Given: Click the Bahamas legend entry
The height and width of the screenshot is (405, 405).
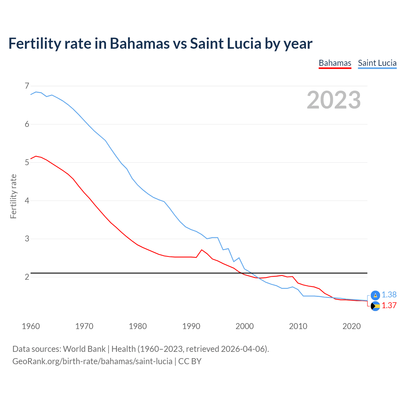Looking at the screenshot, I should click(335, 63).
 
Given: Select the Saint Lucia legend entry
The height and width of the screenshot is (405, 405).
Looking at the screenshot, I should click(377, 63).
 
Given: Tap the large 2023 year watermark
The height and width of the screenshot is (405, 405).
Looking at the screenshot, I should click(333, 100).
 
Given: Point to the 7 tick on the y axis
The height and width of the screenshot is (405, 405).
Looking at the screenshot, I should click(27, 86).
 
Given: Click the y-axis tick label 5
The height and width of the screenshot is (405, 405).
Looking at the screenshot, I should click(27, 162).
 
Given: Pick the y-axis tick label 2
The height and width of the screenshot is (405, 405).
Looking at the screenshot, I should click(27, 277).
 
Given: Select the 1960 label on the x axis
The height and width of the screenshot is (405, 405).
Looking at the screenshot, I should click(31, 326).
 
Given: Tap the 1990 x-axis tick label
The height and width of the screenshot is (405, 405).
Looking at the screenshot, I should click(191, 326).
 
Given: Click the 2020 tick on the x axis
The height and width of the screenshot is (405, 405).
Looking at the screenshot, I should click(351, 326).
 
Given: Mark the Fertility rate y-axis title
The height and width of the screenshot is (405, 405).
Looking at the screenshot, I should click(13, 196).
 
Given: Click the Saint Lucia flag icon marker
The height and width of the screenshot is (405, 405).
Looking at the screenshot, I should click(375, 295).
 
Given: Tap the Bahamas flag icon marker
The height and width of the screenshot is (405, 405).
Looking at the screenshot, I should click(375, 306).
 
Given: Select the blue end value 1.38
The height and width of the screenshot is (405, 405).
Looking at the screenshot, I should click(389, 295).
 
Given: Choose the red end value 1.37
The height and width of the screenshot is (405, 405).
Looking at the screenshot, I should click(389, 305).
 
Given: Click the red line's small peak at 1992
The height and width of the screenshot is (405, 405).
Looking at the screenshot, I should click(202, 250).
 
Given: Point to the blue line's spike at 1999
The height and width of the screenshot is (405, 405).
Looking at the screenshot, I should click(239, 258).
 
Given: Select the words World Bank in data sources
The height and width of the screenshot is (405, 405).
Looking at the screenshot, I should click(84, 349).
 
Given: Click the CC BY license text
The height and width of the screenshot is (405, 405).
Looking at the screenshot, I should click(190, 361).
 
